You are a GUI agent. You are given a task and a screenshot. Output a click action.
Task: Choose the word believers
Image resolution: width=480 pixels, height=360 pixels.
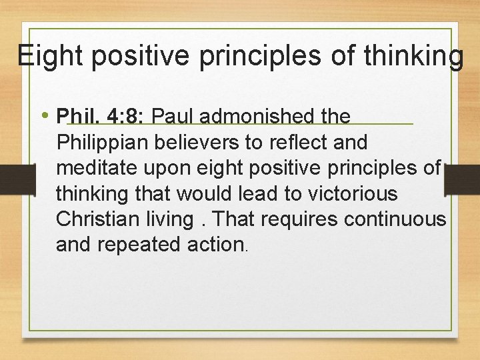pos(201,143)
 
